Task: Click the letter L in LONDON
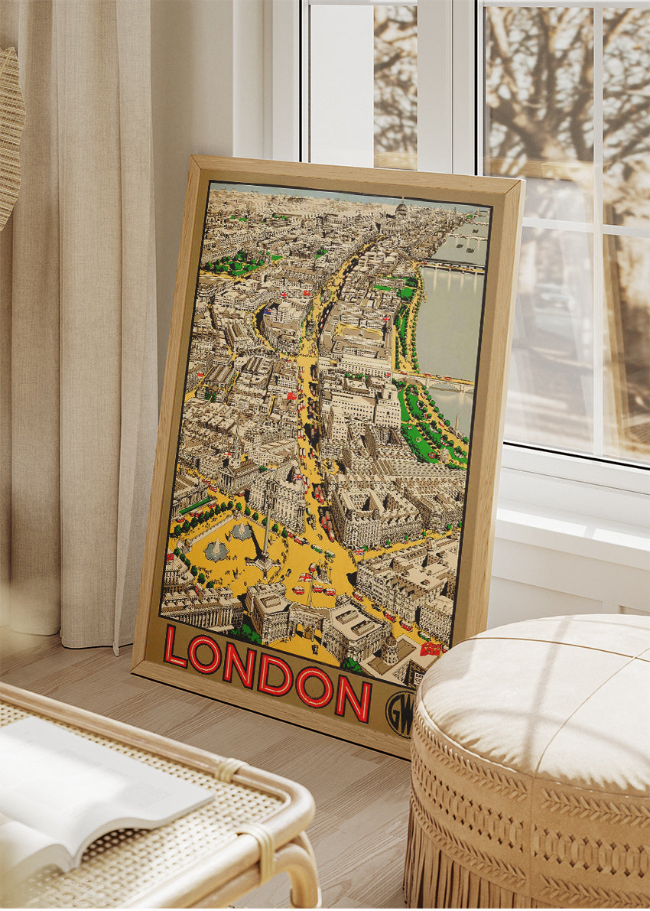click(x=175, y=646)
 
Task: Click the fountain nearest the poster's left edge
click(x=216, y=549)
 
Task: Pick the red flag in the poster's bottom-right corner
click(x=430, y=649)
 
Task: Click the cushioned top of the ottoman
click(x=535, y=688)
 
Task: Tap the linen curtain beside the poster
click(x=84, y=344)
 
